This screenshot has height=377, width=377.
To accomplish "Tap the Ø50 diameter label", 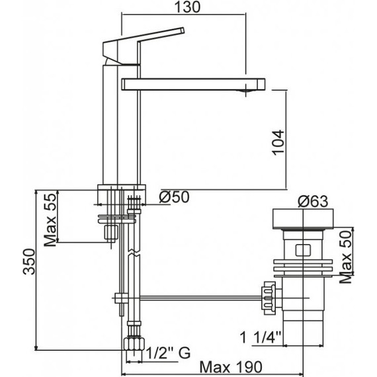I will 173,197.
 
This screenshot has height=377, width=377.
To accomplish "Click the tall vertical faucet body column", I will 120,126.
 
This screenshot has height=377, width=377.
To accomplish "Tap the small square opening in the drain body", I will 304,250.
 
